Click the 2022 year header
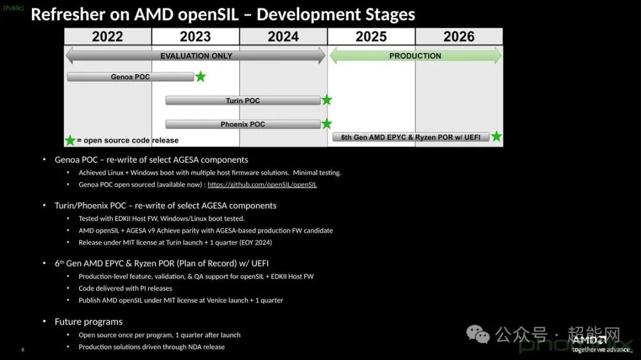pos(107,37)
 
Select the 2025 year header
pos(371,37)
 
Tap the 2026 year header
pos(459,37)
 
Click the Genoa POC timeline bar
pos(131,77)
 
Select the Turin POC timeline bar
pos(243,101)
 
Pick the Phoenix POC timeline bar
pos(243,125)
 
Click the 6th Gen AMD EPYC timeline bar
pos(411,137)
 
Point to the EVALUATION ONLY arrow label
pos(196,56)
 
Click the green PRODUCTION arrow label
pos(415,56)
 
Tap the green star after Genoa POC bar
pos(201,77)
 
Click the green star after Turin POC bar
pos(326,100)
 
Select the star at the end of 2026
pos(496,137)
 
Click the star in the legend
pos(70,141)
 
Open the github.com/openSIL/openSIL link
pos(262,184)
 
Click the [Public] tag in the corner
pos(13,8)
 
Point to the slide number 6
pos(23,350)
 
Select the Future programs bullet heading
pos(88,321)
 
